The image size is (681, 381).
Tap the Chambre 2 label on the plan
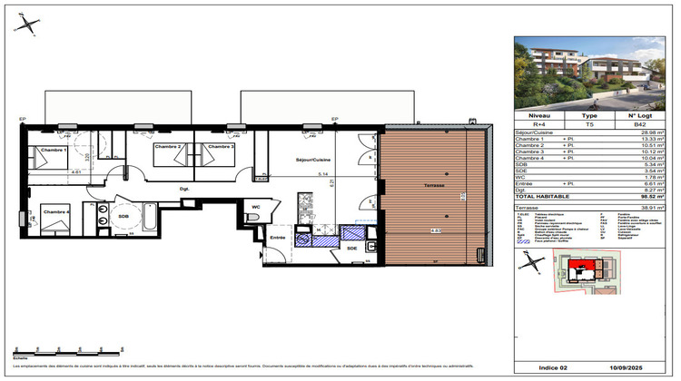click(x=168, y=146)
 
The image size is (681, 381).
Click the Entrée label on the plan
click(x=278, y=238)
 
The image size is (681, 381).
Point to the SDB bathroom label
click(x=123, y=217)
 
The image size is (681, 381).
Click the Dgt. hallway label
click(x=183, y=189)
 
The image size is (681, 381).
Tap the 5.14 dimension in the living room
click(x=321, y=174)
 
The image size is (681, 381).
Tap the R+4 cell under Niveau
click(x=539, y=124)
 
